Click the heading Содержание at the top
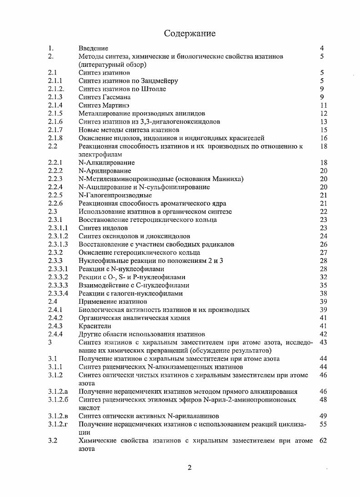190,33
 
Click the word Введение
93,48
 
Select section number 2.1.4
55,105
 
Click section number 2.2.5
55,195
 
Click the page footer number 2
190,468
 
